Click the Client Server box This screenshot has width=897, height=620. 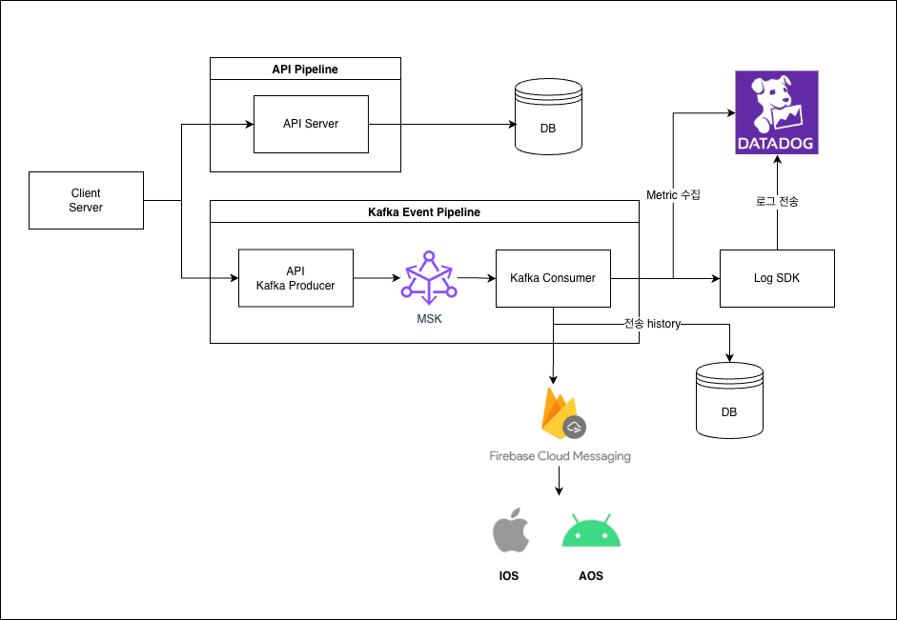point(86,200)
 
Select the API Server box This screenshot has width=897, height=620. point(311,124)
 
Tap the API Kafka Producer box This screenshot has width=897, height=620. point(296,278)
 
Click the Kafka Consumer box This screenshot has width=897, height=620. point(553,278)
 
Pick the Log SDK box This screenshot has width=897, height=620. point(777,278)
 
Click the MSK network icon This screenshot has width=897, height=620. point(429,278)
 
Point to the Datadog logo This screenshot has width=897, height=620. point(777,112)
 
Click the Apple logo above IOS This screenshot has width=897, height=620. point(510,532)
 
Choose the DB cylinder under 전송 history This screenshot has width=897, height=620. point(729,402)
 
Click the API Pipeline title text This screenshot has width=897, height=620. point(305,70)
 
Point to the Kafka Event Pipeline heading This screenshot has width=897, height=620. point(424,212)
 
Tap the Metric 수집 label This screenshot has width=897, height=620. point(673,195)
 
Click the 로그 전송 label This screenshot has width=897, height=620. point(776,201)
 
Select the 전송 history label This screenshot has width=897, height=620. point(652,324)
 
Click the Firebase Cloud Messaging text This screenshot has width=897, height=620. point(560,456)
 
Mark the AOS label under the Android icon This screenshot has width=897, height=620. point(591,576)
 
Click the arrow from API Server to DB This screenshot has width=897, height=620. point(438,124)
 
